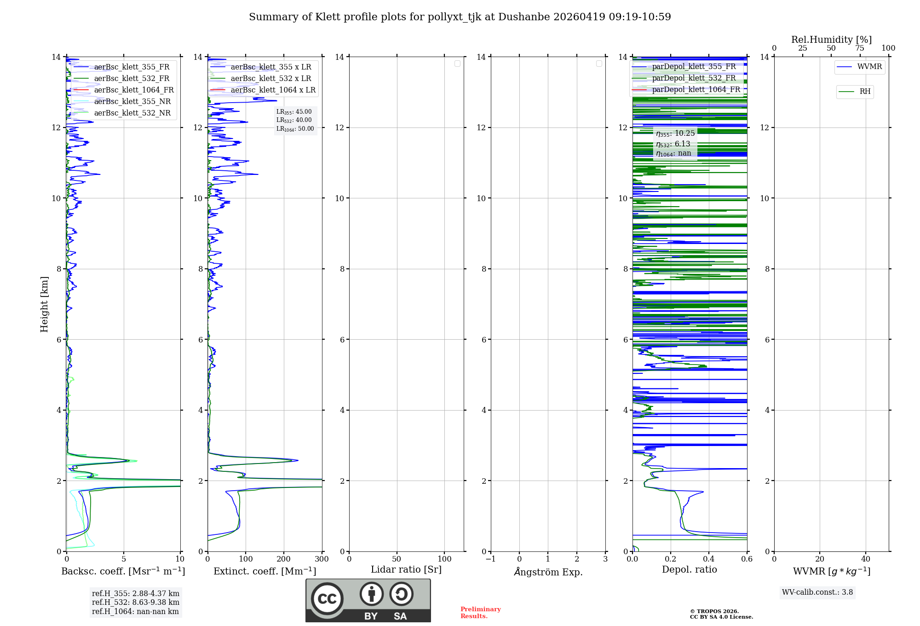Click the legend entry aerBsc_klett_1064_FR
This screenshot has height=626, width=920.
(134, 90)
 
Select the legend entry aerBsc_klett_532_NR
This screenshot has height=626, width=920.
(132, 113)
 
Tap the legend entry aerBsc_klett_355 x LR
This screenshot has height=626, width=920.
(270, 67)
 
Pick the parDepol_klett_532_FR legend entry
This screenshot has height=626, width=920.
(694, 78)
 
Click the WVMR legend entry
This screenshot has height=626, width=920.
(869, 67)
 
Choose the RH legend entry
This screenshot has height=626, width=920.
(865, 92)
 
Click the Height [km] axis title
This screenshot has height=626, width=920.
(44, 304)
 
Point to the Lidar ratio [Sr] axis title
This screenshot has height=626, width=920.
(406, 570)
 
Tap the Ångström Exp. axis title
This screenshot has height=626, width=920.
(548, 572)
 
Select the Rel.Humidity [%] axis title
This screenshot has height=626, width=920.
(831, 40)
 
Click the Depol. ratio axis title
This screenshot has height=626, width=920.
(689, 570)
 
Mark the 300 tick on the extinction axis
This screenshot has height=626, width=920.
(322, 559)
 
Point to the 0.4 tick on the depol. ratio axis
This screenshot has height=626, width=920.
(709, 559)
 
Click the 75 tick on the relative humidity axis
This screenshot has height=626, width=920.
(860, 48)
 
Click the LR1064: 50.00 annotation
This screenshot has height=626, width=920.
(295, 129)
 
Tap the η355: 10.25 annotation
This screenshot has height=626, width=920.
(675, 133)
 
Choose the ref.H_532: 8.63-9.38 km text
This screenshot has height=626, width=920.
(136, 603)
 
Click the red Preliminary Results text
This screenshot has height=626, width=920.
(480, 613)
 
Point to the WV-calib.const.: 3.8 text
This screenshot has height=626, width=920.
(817, 592)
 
